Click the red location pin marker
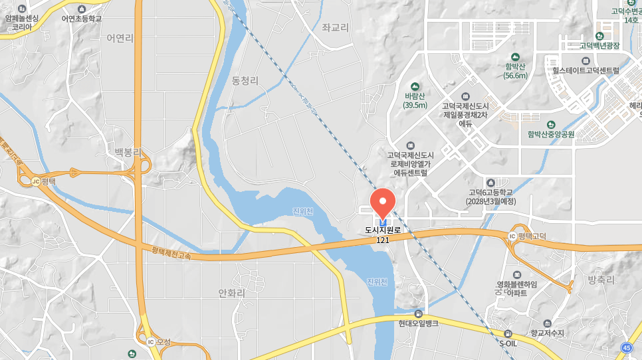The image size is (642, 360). (381, 202)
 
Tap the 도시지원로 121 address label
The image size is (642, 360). (383, 234)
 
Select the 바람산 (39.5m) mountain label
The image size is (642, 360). (415, 100)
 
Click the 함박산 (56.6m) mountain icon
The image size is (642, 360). (514, 57)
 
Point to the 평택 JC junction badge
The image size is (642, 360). (36, 181)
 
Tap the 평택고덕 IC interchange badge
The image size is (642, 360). (512, 236)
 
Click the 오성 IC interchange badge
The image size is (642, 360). (151, 342)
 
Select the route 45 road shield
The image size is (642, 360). (627, 347)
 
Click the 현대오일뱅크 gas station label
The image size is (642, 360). (418, 323)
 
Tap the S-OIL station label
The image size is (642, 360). (508, 343)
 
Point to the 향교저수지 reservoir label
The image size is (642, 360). (547, 333)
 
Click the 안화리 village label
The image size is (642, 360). (231, 293)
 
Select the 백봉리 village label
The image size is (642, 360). (128, 152)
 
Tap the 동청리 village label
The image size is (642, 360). (245, 80)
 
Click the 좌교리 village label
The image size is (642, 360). (335, 27)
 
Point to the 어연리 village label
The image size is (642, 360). (120, 38)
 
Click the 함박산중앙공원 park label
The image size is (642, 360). (551, 134)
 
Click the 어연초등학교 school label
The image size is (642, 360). (82, 19)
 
